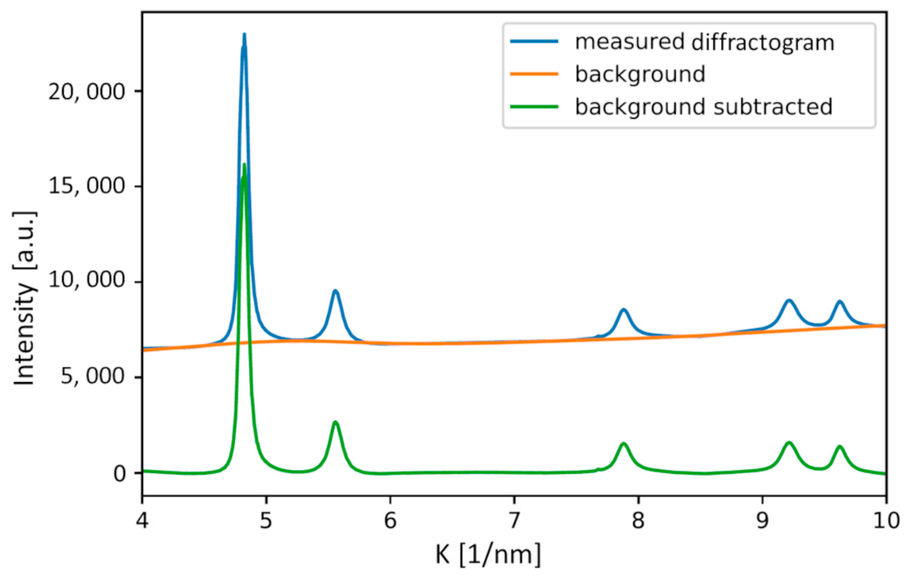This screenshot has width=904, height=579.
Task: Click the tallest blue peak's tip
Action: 244,35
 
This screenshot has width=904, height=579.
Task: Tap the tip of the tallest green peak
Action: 244,165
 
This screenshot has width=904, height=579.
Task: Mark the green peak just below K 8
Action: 623,444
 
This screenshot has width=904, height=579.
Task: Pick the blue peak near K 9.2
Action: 789,300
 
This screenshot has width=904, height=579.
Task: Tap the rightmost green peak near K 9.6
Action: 839,446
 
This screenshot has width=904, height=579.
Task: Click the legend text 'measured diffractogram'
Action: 704,42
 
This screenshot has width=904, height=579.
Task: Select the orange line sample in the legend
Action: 534,74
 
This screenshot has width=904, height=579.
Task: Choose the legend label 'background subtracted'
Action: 703,107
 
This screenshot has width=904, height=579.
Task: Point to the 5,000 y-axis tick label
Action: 98,377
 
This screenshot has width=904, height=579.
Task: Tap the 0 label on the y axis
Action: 120,474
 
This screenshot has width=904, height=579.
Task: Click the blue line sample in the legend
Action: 534,41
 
